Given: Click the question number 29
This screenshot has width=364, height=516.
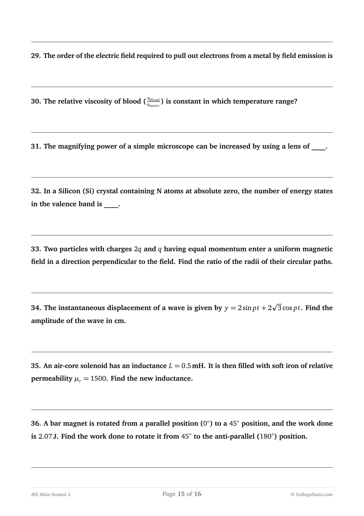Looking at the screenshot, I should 36,56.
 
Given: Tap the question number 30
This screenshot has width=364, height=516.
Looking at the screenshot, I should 36,101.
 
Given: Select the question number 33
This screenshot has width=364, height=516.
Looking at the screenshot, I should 36,249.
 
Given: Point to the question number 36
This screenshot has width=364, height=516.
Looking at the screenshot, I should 36,424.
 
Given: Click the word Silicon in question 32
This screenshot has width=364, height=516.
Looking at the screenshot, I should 69,191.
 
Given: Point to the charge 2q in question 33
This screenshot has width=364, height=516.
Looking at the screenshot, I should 138,249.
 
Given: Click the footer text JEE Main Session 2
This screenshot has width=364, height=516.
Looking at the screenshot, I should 50,495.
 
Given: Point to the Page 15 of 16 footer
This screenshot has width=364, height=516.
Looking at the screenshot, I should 182,494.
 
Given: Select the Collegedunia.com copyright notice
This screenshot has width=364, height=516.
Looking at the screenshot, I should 311,495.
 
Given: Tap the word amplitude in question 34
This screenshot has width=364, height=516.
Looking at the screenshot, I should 48,321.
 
